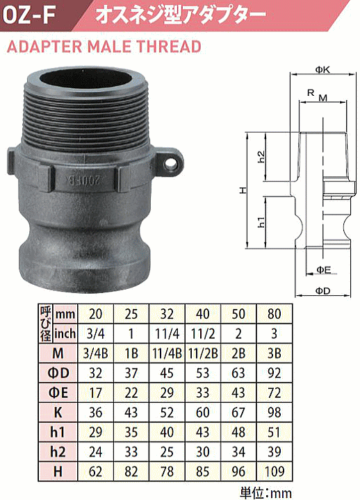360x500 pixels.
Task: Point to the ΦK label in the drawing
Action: click(x=322, y=69)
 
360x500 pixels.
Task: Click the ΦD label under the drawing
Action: click(x=322, y=289)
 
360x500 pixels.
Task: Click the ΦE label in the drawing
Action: click(x=323, y=268)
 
